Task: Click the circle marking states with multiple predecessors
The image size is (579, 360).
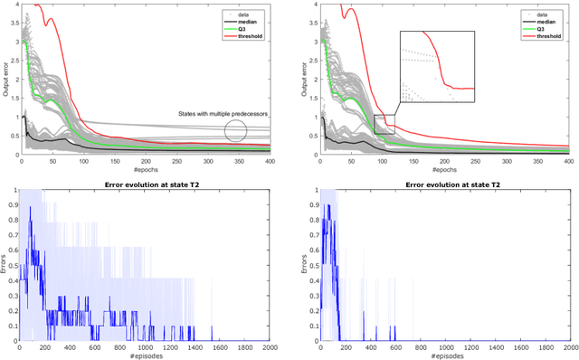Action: [x=235, y=130]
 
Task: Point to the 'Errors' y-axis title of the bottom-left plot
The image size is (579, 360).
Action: [x=6, y=265]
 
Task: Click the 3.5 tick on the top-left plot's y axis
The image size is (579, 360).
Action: [x=12, y=24]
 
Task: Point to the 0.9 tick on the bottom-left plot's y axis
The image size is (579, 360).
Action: [x=11, y=205]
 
